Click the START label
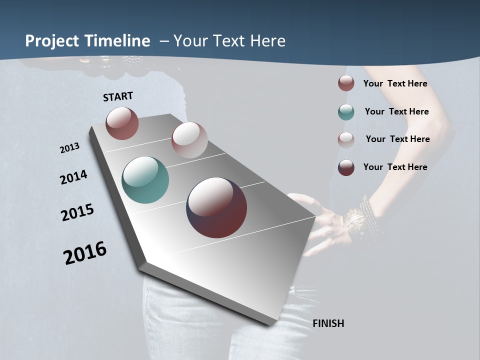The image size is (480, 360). (x=118, y=96)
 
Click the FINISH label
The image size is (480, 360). (x=328, y=323)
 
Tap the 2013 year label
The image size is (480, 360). (x=69, y=148)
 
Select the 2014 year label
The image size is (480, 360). (x=73, y=177)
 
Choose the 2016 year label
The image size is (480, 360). (x=85, y=253)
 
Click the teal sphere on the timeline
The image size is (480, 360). (x=145, y=180)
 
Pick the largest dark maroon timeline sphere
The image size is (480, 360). (x=216, y=207)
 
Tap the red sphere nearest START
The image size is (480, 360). (x=122, y=123)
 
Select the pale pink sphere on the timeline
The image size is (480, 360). (x=189, y=139)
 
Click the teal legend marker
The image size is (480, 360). (x=346, y=112)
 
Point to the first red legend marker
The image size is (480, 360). (x=346, y=83)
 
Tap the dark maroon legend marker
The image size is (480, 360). (x=346, y=167)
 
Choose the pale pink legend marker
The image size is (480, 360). (x=346, y=139)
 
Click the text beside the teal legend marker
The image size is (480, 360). (x=396, y=111)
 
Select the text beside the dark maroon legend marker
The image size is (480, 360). (x=395, y=167)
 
